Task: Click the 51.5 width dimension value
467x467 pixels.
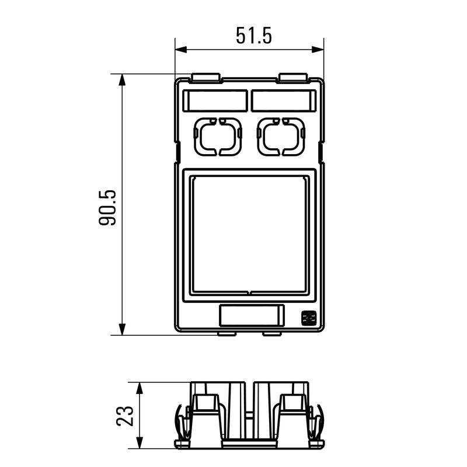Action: pyautogui.click(x=254, y=36)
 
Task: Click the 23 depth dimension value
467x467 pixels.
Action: pyautogui.click(x=126, y=416)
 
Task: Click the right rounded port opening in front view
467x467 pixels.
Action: pyautogui.click(x=282, y=137)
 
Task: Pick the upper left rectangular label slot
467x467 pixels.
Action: pyautogui.click(x=216, y=100)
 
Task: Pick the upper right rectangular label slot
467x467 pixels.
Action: pyautogui.click(x=284, y=100)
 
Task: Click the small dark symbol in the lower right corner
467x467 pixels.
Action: pyautogui.click(x=308, y=318)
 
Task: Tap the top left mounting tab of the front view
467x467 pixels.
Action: pyautogui.click(x=205, y=77)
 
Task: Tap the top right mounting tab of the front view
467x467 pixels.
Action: pyautogui.click(x=293, y=77)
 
